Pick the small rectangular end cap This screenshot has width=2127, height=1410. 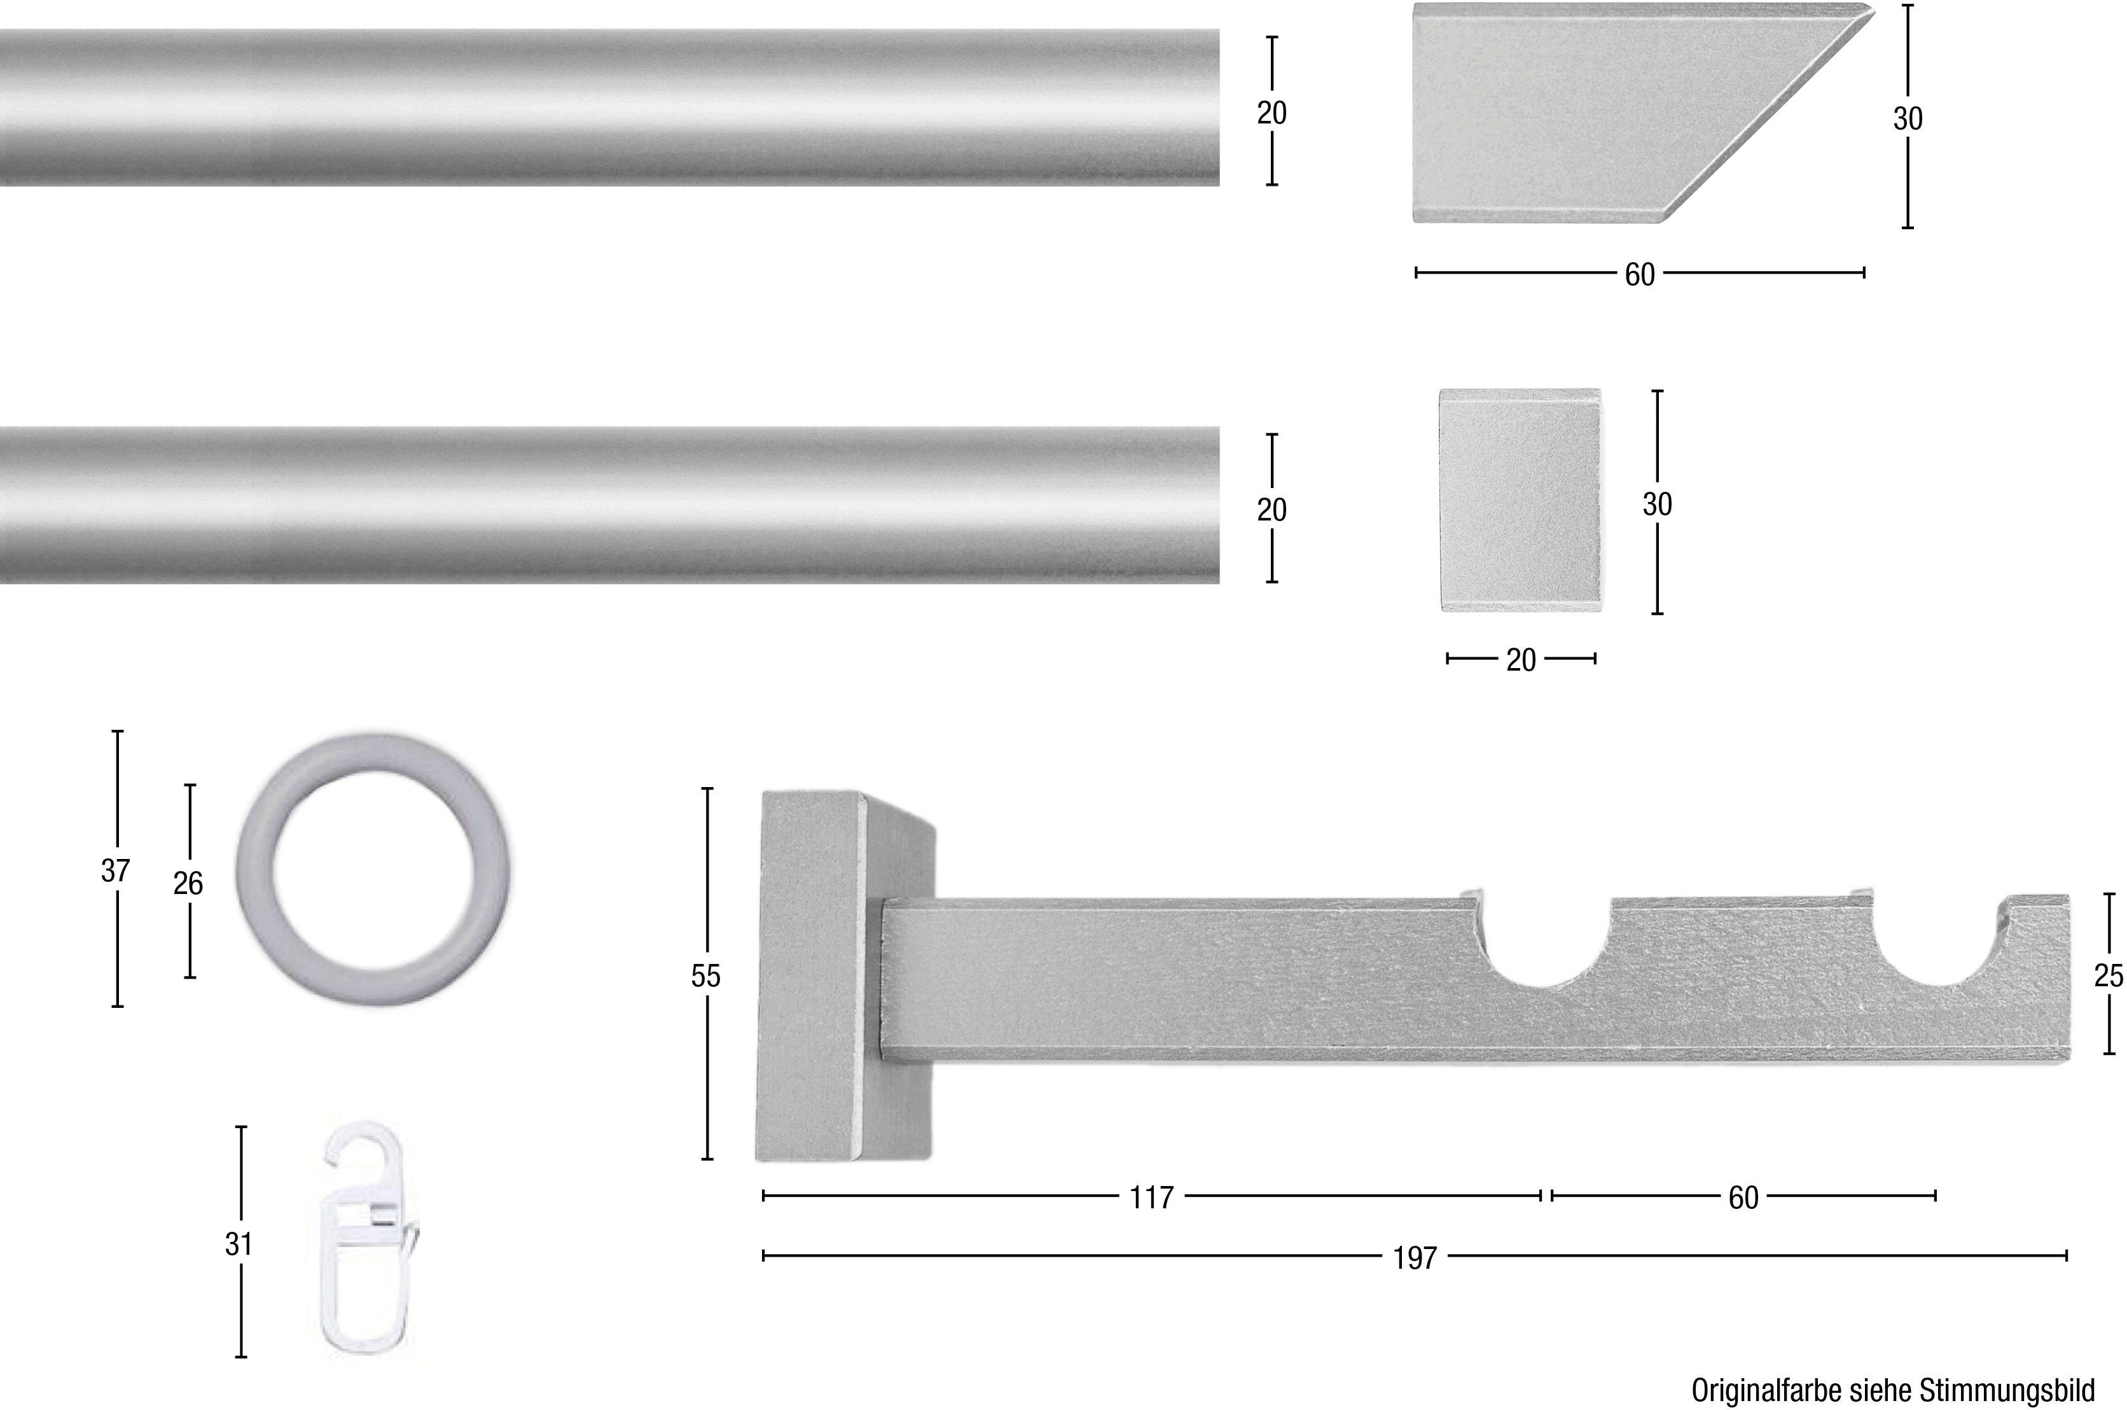tap(1521, 500)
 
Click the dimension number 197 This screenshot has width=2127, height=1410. tap(1415, 1258)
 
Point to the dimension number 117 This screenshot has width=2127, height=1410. tap(1152, 1197)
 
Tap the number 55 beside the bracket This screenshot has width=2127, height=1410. tap(705, 975)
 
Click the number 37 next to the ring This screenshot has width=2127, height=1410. tap(115, 870)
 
